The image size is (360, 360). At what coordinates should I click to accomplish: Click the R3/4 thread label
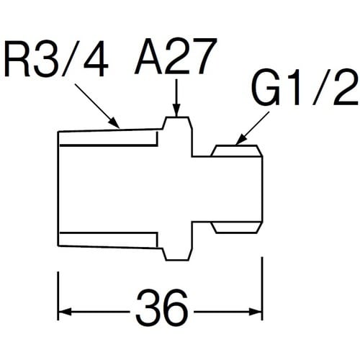tap(56, 59)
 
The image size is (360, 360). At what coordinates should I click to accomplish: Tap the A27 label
tap(176, 55)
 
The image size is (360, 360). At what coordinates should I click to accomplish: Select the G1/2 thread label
tap(305, 87)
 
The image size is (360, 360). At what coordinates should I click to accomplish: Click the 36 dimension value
tap(161, 307)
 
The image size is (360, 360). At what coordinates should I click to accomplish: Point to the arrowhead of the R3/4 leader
tap(114, 122)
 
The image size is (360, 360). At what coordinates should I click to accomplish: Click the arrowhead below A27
tap(176, 111)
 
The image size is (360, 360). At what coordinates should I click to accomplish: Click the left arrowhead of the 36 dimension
tap(66, 312)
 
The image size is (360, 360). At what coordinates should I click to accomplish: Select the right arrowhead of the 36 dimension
tap(256, 312)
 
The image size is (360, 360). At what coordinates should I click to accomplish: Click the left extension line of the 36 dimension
tap(58, 296)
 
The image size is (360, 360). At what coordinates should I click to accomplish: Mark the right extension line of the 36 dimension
tap(262, 289)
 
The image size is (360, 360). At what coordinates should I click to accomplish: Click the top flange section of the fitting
tap(177, 136)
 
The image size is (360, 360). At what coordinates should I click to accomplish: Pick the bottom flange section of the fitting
tap(177, 240)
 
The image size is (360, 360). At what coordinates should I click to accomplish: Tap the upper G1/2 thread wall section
tap(237, 150)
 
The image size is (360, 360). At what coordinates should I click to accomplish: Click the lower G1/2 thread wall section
tap(237, 228)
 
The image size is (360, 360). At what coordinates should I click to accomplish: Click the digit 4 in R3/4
tap(96, 59)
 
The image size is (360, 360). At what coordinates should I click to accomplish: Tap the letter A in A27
tap(149, 56)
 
